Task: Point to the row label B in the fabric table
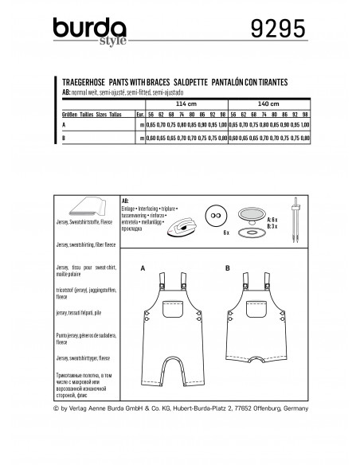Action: tap(65, 138)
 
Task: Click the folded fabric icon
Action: tap(77, 205)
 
